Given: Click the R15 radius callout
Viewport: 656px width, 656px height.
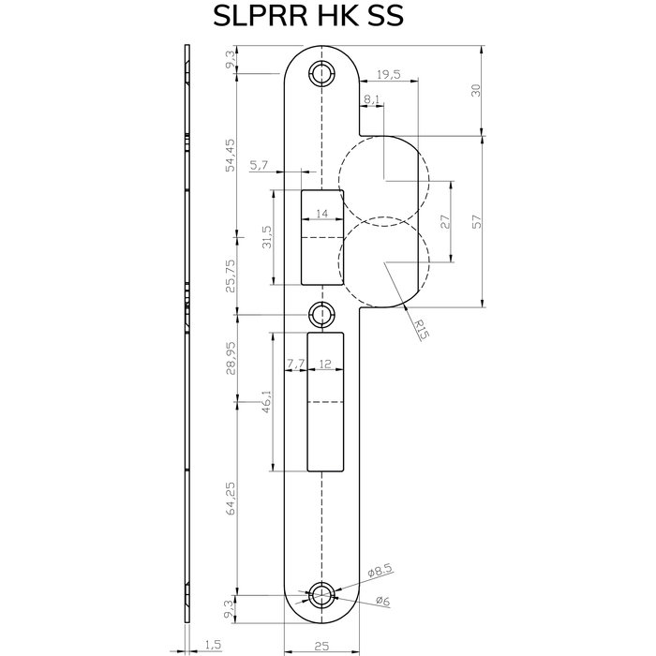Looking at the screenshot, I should coord(423,327).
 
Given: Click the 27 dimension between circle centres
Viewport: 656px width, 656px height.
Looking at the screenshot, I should coord(445,222).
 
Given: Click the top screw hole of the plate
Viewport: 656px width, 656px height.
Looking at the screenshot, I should coord(322,73).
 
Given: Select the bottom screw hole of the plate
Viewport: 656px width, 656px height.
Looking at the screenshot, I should coord(322,592).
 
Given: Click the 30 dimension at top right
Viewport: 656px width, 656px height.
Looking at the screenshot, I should coord(475,90).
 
